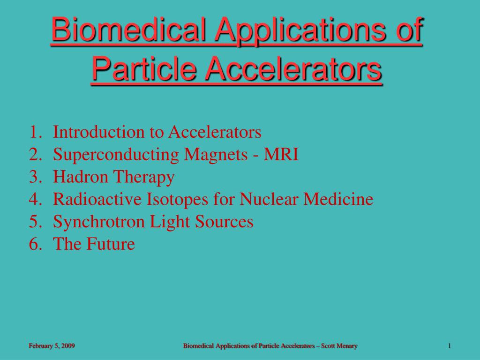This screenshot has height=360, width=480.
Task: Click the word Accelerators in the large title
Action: click(293, 68)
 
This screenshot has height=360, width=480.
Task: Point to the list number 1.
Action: click(34, 133)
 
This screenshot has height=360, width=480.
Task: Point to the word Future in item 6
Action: click(112, 244)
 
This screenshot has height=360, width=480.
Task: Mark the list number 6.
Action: click(34, 244)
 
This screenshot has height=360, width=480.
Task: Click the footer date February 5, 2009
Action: click(52, 346)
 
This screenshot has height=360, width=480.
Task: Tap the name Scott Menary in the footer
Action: click(339, 346)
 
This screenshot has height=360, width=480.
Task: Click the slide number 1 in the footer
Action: click(449, 346)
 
